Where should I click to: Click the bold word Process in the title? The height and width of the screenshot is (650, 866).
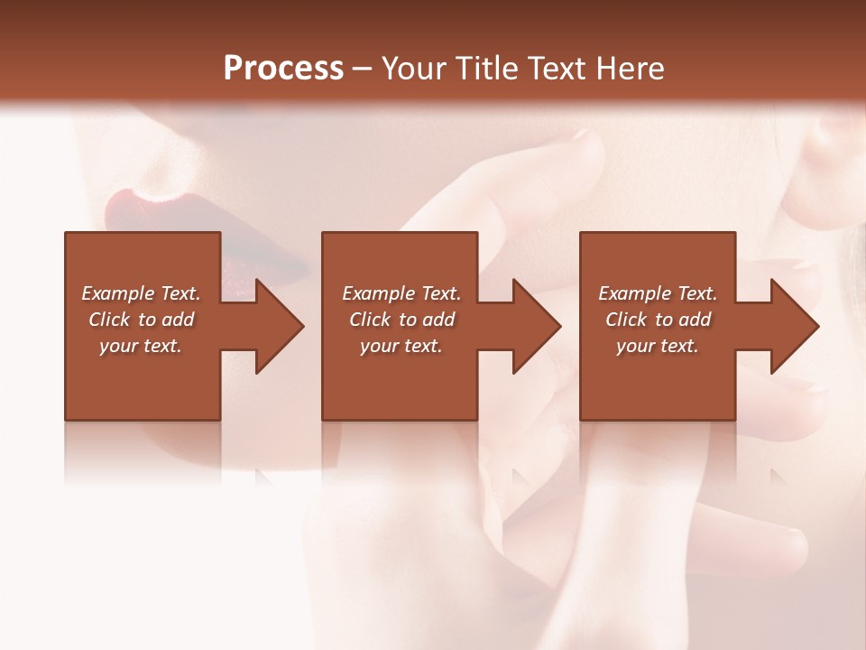point(283,69)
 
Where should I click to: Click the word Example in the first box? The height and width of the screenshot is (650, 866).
point(118,293)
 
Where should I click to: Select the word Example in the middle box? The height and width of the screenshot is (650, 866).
point(378,293)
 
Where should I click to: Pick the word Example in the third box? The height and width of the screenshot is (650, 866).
point(634,293)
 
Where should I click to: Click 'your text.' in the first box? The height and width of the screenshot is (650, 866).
point(141,346)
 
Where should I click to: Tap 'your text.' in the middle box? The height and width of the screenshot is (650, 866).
point(401,346)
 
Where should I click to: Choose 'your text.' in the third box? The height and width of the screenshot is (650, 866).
point(657,346)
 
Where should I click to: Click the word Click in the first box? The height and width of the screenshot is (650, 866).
point(109,320)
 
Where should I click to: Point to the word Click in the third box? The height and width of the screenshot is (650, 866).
point(626,320)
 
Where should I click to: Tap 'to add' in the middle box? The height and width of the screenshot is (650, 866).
point(427,320)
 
